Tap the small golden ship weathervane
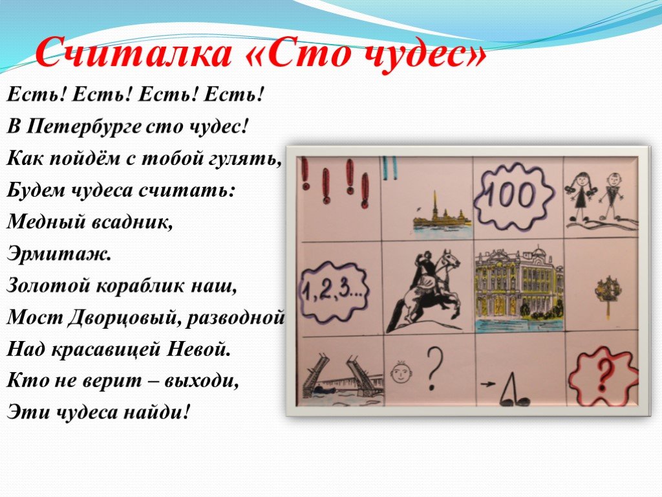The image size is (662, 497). [607, 292]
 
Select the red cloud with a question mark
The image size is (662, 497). [603, 374]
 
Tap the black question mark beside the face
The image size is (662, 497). [435, 367]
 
